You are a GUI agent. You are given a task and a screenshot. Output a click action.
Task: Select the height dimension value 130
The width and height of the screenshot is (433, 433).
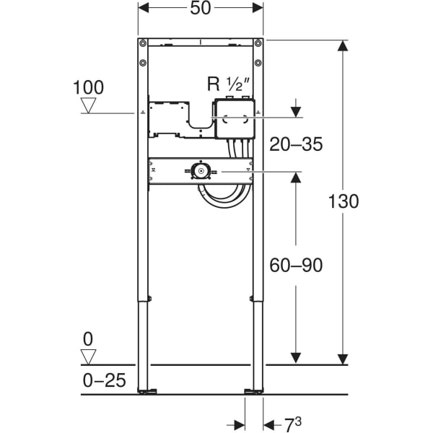coord(344,201)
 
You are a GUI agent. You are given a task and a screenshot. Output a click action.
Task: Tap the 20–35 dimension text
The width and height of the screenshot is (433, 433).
coord(296,144)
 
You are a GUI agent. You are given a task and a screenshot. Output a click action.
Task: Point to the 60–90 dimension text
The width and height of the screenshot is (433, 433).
coord(296,265)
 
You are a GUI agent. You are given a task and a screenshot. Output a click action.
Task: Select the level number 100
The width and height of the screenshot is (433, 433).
coord(89,88)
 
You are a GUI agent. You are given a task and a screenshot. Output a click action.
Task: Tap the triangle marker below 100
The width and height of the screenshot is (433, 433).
coord(89,106)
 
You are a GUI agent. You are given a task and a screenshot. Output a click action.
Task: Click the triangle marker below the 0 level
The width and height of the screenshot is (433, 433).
coord(89,357)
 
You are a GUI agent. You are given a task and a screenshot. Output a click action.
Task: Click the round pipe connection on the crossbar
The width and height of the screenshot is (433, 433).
coord(200,172)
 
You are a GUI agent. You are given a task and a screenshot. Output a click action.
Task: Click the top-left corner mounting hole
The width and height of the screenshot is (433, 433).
coord(143,43)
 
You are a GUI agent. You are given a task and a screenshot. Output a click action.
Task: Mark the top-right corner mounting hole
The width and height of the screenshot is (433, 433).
coord(258,43)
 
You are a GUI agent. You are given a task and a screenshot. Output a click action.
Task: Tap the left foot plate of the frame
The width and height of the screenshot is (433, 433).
coord(148,392)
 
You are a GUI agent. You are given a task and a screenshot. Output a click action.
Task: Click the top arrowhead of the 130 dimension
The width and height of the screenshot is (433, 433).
coord(344,46)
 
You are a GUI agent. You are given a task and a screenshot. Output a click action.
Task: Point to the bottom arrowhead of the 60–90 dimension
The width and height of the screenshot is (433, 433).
coord(296,358)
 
